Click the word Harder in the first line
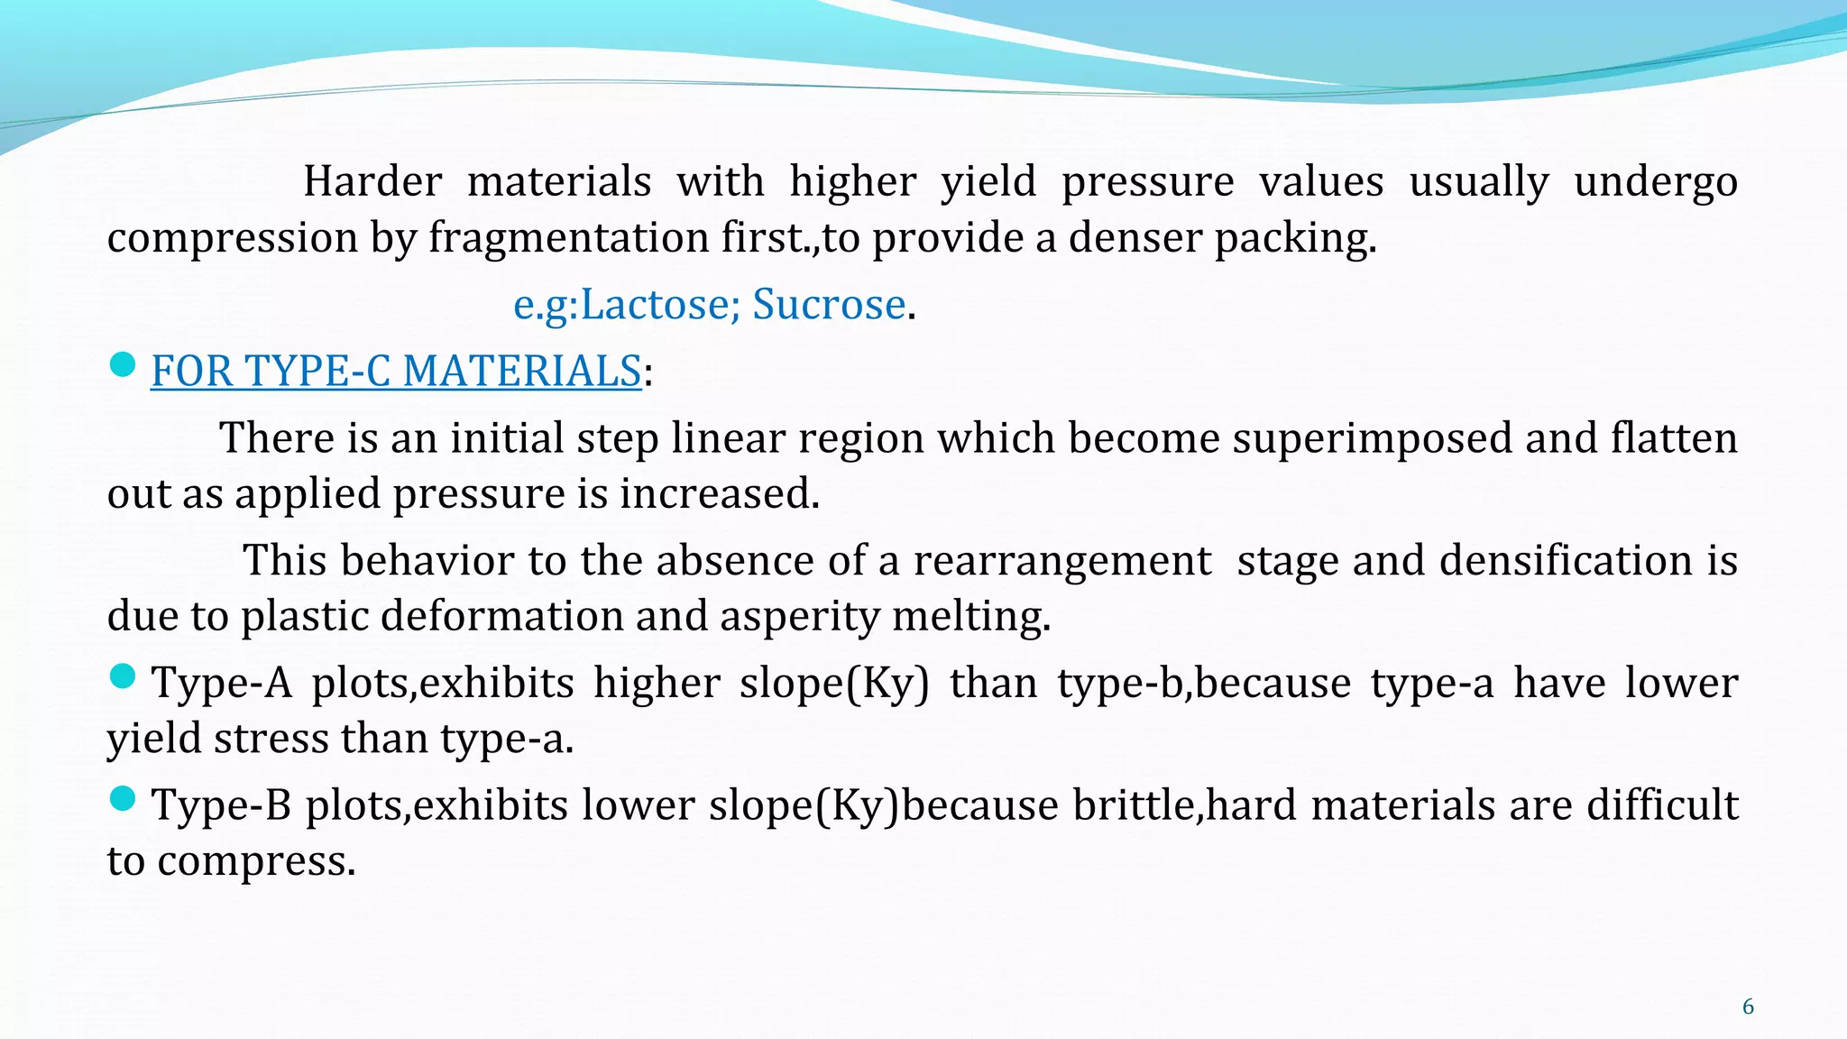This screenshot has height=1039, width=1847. (x=372, y=181)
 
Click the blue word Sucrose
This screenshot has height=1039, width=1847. (x=829, y=304)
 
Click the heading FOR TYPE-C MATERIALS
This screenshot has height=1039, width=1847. (x=396, y=371)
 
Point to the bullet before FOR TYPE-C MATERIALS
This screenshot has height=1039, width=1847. (x=122, y=365)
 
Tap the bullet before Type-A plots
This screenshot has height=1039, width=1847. (x=122, y=676)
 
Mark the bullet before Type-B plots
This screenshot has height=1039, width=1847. (x=122, y=798)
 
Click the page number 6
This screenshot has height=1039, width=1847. (x=1748, y=1007)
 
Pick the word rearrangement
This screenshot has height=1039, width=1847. (x=1061, y=561)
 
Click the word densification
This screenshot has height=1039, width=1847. (x=1567, y=561)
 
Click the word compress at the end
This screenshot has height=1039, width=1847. (x=256, y=861)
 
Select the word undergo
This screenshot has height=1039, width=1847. (x=1656, y=181)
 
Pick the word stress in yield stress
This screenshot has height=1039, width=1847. (x=275, y=739)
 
